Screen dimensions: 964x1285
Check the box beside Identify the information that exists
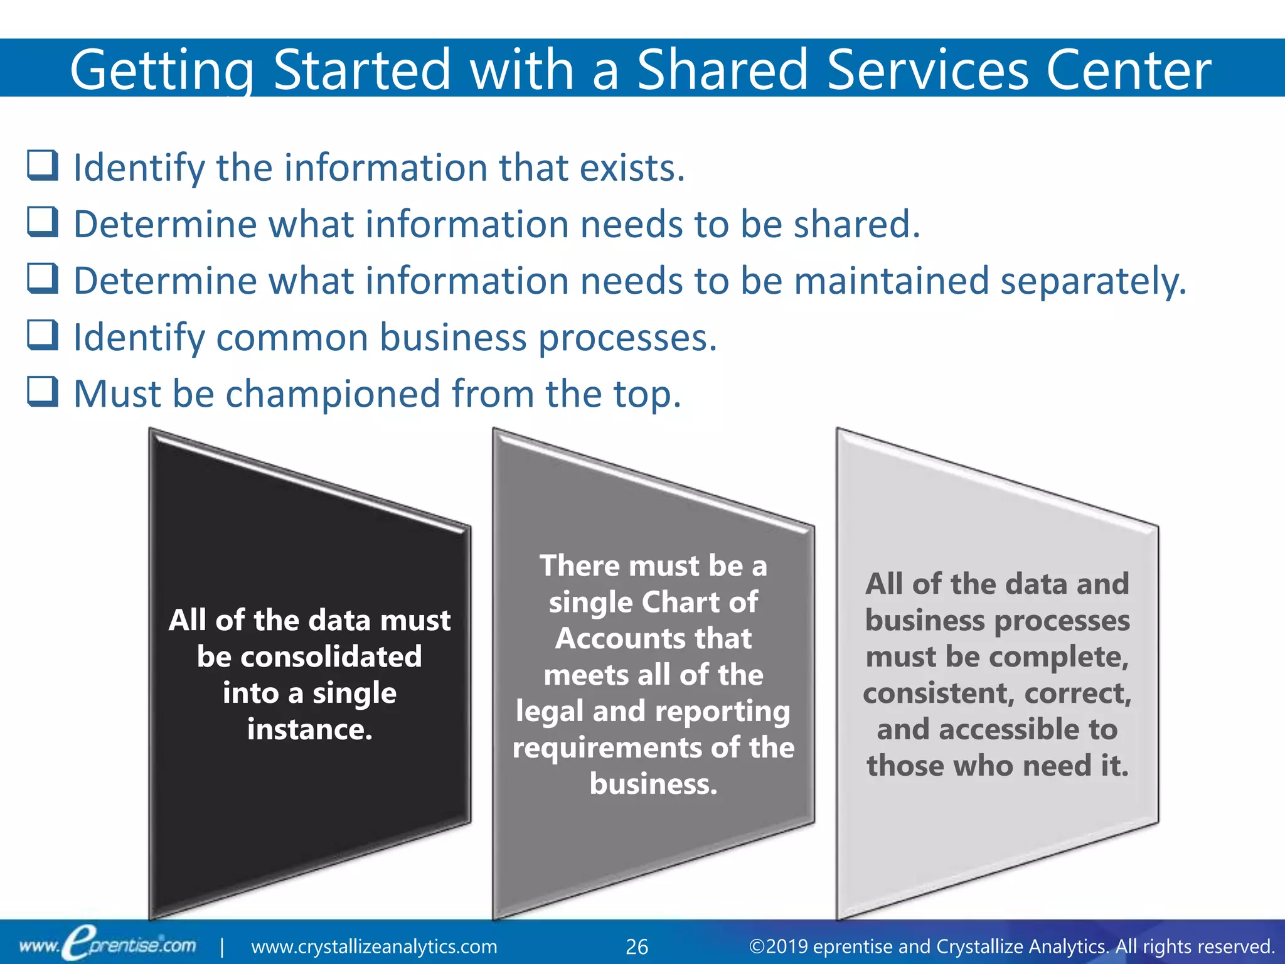click(x=43, y=166)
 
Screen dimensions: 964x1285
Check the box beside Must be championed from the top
click(x=43, y=392)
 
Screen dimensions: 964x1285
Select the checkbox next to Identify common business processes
click(x=43, y=335)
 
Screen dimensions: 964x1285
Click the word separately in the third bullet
click(x=1092, y=281)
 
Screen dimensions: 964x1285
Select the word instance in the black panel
click(x=309, y=729)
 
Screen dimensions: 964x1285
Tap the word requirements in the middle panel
click(x=607, y=747)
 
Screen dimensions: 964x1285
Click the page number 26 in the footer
click(x=637, y=946)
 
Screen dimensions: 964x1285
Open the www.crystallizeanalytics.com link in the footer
click(x=374, y=946)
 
